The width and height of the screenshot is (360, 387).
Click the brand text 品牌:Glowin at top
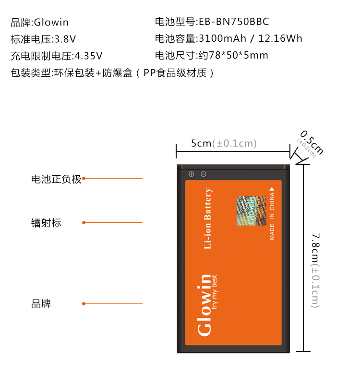tap(40, 22)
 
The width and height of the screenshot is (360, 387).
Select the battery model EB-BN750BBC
tap(212, 22)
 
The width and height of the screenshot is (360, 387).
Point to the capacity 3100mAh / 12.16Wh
tap(228, 39)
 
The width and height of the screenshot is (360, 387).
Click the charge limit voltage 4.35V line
tap(57, 56)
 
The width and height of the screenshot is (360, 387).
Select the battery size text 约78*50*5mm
tap(211, 55)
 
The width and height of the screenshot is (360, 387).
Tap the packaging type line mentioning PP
tap(111, 73)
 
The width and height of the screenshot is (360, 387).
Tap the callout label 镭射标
tap(47, 223)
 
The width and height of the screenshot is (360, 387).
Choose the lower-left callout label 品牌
tap(41, 304)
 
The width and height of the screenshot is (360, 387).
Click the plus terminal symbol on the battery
tap(191, 174)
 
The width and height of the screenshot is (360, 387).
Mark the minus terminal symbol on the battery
tap(204, 174)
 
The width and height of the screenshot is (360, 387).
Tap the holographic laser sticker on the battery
tap(250, 210)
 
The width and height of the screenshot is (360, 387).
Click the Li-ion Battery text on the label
tap(208, 219)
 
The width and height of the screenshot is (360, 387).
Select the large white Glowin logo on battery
tap(204, 304)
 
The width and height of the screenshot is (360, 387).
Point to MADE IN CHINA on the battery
tap(272, 213)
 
